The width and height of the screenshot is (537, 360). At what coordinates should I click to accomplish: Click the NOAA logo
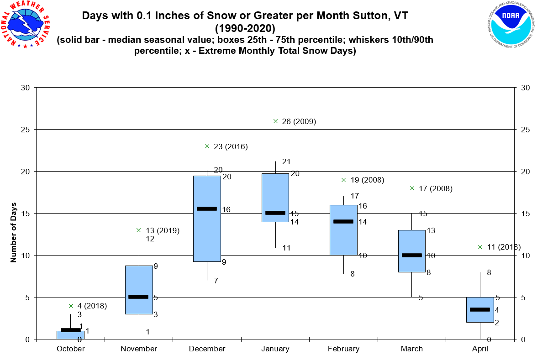510,26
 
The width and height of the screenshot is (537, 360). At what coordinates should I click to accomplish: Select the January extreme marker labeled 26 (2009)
275,121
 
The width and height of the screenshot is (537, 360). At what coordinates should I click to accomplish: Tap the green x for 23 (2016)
207,146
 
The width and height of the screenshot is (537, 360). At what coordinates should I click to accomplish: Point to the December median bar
207,209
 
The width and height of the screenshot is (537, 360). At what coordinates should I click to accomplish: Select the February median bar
343,221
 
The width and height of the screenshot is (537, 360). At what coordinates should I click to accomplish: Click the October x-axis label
71,349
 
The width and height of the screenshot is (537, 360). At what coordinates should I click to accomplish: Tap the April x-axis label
480,349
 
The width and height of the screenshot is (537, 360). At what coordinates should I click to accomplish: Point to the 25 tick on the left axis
26,130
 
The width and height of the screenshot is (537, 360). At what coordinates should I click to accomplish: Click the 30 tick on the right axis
525,88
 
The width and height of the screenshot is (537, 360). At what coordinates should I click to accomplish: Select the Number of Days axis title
14,232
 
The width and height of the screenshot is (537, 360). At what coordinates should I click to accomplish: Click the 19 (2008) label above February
367,180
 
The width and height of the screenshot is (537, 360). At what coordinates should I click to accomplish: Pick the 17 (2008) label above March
435,188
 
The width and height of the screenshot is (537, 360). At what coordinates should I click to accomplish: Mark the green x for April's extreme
480,247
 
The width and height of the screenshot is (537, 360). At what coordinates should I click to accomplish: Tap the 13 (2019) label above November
163,230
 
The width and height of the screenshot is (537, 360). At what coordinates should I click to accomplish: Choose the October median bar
71,330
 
